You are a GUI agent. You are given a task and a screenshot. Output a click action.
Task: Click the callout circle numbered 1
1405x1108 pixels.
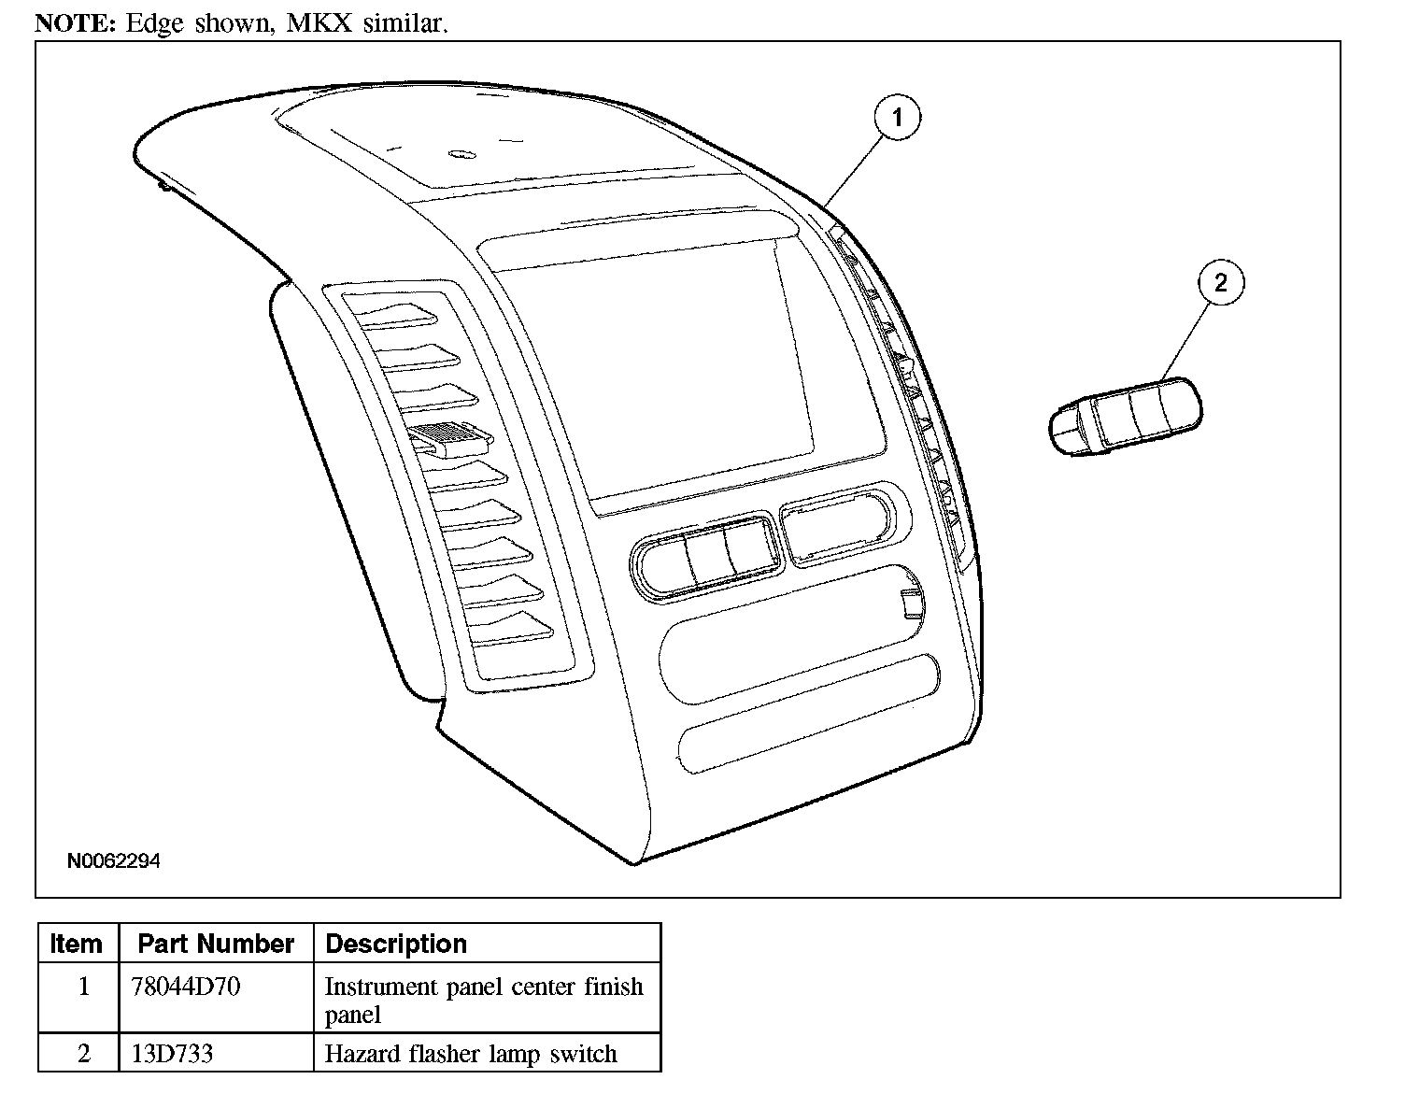[897, 117]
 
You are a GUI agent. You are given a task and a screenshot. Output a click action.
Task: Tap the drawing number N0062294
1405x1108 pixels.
[113, 860]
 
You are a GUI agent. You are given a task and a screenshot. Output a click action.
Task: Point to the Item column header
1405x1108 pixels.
[77, 944]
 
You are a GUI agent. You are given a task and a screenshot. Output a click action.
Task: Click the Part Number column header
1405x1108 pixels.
[216, 944]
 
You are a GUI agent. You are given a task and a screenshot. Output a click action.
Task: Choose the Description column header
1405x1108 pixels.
[396, 944]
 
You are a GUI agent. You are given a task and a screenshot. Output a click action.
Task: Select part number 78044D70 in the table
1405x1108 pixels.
[186, 986]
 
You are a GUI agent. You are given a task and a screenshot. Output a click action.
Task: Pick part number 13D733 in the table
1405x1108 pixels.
[172, 1054]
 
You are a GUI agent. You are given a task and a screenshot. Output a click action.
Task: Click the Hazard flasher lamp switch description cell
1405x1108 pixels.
[471, 1054]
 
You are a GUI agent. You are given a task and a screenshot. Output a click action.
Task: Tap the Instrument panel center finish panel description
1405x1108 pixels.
[483, 1000]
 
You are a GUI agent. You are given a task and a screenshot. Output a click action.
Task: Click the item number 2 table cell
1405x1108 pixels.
[84, 1054]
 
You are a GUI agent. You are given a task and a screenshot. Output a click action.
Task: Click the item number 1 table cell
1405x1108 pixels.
[84, 986]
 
